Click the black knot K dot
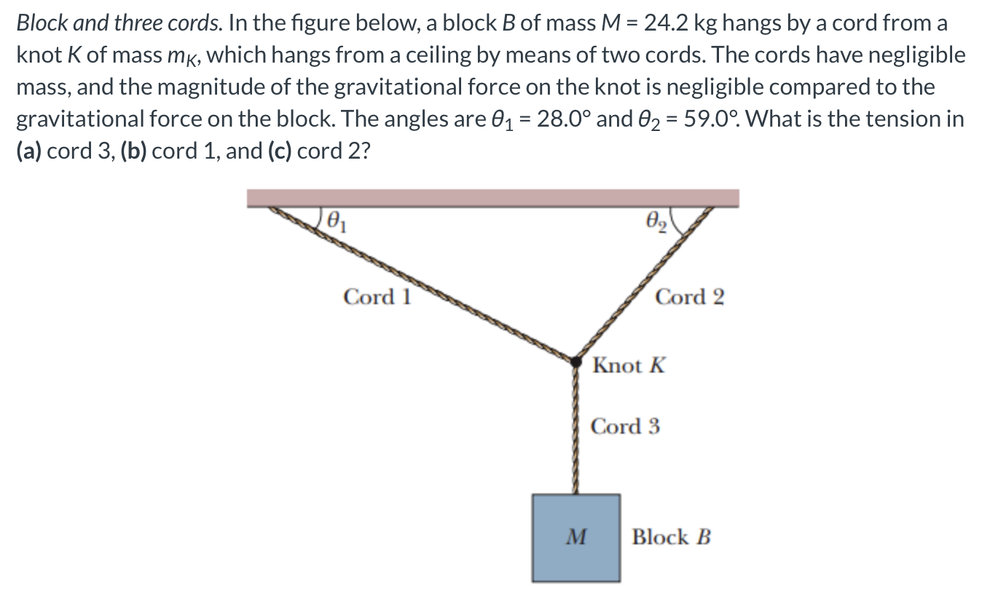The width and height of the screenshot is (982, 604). (576, 360)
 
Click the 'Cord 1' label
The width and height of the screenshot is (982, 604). (377, 297)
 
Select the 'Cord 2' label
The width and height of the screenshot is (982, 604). (690, 297)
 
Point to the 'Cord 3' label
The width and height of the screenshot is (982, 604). (625, 426)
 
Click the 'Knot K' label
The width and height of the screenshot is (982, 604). (629, 365)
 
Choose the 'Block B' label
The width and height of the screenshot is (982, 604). (671, 538)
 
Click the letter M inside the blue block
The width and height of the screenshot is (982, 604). (576, 538)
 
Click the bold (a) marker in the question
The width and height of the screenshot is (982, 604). (30, 151)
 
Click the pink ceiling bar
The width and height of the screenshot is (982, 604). (492, 198)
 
